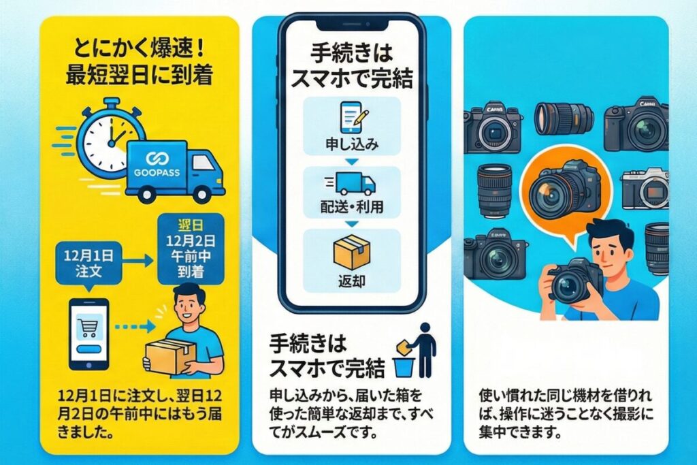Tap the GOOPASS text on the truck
tap(153, 172)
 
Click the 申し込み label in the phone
tap(352, 146)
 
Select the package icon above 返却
tap(352, 251)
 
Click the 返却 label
tap(353, 280)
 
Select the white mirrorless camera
tap(644, 189)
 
